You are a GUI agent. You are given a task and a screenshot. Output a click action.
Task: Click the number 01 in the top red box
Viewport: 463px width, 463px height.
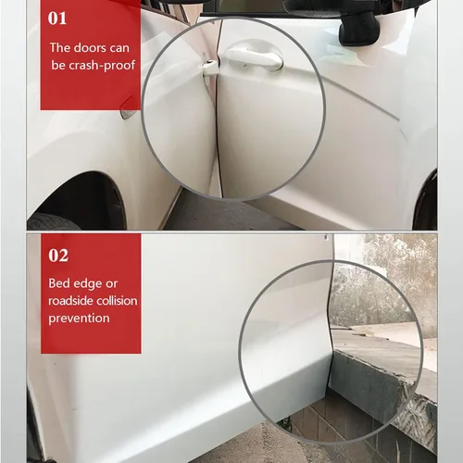click(x=57, y=18)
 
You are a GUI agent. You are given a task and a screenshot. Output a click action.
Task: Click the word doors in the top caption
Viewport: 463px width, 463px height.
click(x=94, y=46)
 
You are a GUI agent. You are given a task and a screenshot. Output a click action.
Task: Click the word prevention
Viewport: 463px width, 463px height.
click(x=80, y=319)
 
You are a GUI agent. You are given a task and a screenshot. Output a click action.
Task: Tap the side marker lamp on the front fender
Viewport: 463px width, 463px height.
click(x=128, y=113)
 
